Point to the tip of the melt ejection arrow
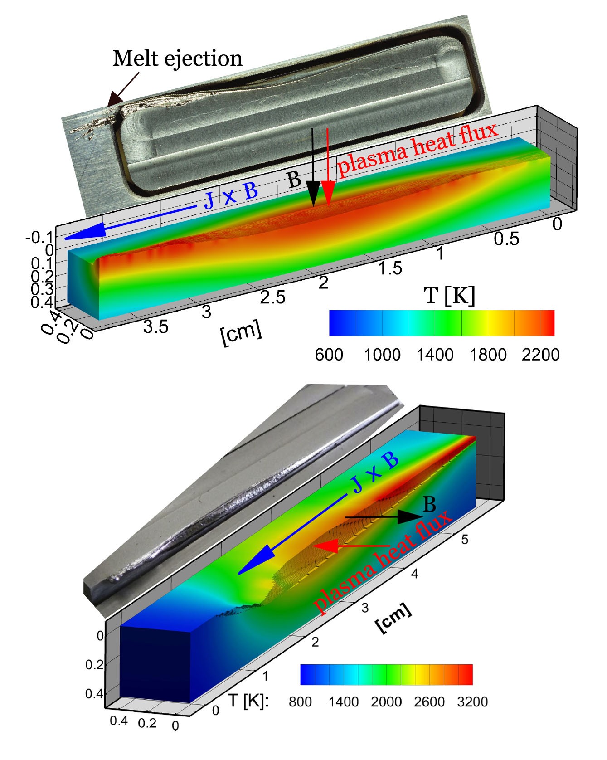(x=108, y=106)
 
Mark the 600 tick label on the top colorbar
(x=329, y=354)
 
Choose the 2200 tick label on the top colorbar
(x=540, y=354)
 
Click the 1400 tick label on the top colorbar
(x=435, y=354)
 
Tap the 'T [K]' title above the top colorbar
(x=449, y=296)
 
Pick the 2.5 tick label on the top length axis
(x=273, y=297)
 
